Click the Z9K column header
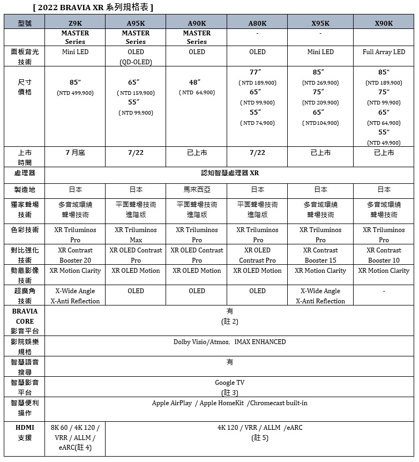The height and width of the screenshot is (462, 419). [75, 23]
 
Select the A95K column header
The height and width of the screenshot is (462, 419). [136, 23]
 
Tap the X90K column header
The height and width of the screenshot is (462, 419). [384, 23]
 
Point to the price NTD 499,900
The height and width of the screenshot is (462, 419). [75, 93]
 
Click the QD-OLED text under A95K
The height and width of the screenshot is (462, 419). [136, 62]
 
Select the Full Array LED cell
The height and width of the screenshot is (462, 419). [384, 52]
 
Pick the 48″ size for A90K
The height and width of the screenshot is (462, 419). [197, 83]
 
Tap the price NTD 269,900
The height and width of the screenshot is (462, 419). [320, 83]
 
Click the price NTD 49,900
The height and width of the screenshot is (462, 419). [384, 143]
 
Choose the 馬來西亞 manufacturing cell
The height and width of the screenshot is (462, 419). [197, 190]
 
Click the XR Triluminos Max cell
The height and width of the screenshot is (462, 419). [136, 235]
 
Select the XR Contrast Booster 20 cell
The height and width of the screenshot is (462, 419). [75, 255]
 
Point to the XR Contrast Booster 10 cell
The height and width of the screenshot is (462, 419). [384, 255]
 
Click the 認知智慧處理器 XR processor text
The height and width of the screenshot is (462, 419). [230, 173]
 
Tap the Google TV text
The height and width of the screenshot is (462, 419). [229, 383]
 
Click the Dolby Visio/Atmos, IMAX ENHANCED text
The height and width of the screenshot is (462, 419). [229, 342]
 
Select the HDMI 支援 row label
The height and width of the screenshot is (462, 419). [25, 433]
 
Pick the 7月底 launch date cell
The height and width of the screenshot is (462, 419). [75, 153]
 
